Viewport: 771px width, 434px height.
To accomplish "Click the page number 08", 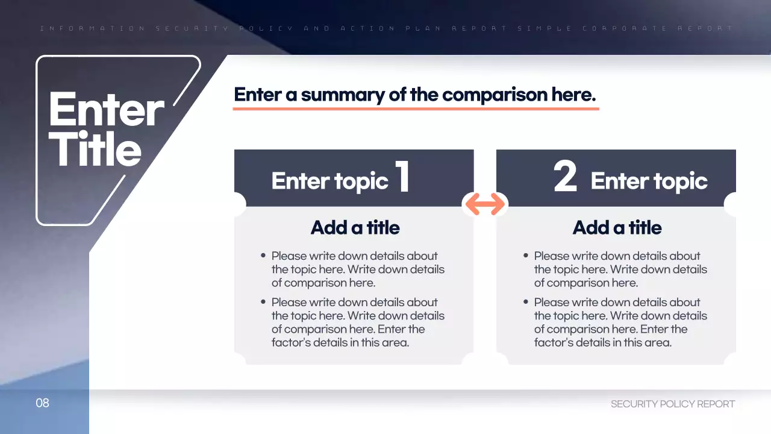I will (42, 403).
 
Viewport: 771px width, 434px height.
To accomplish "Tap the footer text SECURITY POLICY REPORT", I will (673, 404).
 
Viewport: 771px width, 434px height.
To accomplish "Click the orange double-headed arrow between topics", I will (485, 204).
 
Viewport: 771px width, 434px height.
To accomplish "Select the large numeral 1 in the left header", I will (402, 177).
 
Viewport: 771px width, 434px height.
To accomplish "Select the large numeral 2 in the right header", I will (565, 177).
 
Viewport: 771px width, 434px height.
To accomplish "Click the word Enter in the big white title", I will (106, 110).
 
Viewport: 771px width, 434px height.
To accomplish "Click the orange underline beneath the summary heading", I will (416, 108).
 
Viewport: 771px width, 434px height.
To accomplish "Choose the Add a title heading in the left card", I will (355, 227).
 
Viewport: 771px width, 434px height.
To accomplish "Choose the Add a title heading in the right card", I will (617, 227).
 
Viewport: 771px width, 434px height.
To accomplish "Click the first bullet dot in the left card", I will (263, 256).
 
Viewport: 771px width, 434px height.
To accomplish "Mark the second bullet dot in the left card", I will (263, 302).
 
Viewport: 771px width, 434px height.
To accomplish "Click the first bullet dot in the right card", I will (526, 256).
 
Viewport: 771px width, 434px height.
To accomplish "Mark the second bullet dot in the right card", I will (526, 302).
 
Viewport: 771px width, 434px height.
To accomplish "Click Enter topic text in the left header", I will (329, 181).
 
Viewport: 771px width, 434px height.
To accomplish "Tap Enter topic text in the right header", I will (649, 181).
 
